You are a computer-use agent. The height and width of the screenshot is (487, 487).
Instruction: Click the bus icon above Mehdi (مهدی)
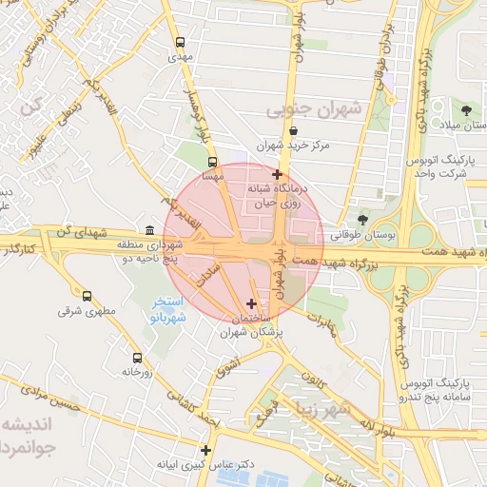click(181, 42)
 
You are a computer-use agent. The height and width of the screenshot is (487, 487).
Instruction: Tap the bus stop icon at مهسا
click(212, 162)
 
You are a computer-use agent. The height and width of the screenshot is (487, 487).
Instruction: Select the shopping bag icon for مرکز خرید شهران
click(292, 131)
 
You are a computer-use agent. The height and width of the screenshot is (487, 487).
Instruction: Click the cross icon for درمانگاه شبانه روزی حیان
click(277, 174)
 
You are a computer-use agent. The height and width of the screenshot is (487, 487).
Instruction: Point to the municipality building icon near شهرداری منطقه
click(149, 229)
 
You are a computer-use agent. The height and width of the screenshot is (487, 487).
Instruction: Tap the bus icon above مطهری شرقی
click(88, 296)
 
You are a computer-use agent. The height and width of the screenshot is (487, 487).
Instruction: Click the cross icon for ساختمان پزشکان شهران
click(250, 303)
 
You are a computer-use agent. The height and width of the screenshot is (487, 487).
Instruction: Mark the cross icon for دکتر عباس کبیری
click(205, 450)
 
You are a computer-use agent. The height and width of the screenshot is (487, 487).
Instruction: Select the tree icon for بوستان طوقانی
click(362, 219)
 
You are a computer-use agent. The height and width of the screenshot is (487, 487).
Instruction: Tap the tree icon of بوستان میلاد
click(465, 112)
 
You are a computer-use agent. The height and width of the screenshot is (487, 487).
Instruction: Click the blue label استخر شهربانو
click(174, 309)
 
